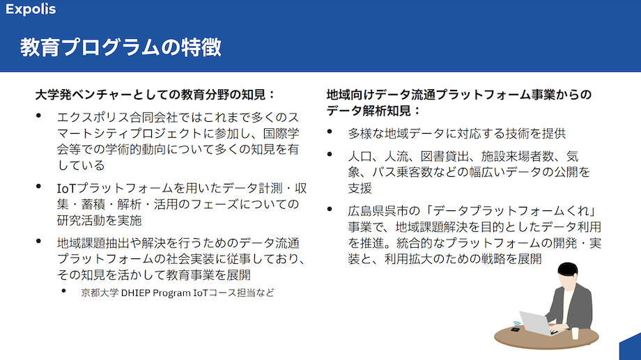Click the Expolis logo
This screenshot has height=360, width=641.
pyautogui.click(x=31, y=9)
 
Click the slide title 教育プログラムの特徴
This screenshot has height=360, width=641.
pyautogui.click(x=121, y=47)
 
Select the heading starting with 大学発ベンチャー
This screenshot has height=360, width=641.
pyautogui.click(x=155, y=95)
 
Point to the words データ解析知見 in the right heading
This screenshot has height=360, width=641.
pyautogui.click(x=369, y=111)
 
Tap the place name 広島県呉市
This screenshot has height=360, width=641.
pyautogui.click(x=372, y=211)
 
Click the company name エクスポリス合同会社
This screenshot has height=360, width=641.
pyautogui.click(x=117, y=118)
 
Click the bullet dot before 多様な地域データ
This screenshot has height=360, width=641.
pyautogui.click(x=330, y=131)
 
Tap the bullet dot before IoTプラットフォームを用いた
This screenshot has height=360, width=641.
pyautogui.click(x=39, y=187)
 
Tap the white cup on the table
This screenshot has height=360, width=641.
pyautogui.click(x=576, y=333)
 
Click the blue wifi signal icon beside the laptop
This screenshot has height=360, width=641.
pyautogui.click(x=517, y=324)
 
